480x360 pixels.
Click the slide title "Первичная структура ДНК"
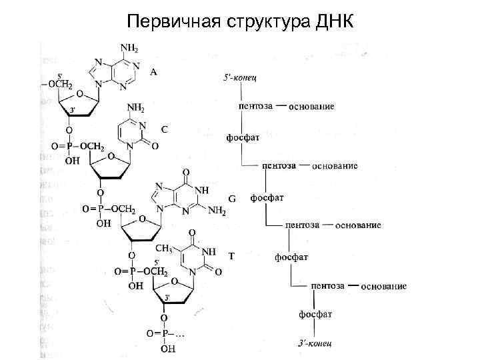240,21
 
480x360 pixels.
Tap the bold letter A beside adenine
154,71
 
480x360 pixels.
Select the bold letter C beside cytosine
164,129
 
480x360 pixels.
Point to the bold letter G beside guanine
232,199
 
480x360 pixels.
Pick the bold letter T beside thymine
231,255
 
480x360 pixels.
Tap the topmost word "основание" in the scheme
311,107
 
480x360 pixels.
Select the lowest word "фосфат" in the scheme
317,313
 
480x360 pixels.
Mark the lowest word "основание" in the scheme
383,286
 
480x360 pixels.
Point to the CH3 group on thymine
165,249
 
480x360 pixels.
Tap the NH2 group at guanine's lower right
217,211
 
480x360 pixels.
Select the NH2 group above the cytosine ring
137,107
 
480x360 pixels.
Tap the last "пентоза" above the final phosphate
327,285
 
